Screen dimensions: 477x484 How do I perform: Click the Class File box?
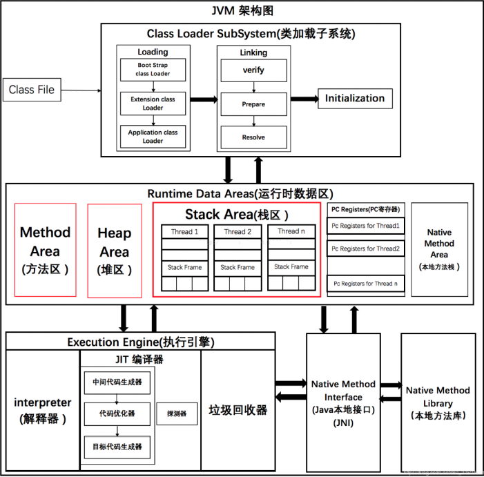point(31,89)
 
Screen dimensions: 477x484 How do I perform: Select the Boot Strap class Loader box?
point(153,70)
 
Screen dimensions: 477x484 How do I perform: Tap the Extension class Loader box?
point(153,103)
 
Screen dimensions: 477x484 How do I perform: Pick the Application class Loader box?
point(153,136)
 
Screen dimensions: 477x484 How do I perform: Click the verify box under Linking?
point(253,70)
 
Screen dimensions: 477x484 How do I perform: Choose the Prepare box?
point(253,104)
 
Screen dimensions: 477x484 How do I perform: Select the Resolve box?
point(253,137)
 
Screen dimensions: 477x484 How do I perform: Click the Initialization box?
point(355,98)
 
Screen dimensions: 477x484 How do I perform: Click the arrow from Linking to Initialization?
point(303,98)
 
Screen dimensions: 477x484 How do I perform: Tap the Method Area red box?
point(45,249)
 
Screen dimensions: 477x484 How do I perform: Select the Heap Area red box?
point(115,249)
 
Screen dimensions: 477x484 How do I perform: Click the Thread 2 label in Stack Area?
point(238,232)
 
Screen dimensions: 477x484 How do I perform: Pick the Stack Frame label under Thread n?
point(291,266)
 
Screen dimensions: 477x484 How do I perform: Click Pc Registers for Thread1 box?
point(365,226)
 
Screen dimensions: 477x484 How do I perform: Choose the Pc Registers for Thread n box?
point(365,283)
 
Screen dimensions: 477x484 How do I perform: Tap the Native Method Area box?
point(439,249)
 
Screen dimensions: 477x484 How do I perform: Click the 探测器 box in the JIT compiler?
point(176,413)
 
